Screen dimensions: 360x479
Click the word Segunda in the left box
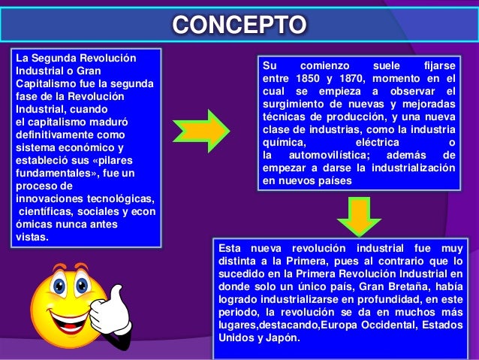click(57, 57)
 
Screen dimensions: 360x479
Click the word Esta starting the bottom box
click(230, 248)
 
